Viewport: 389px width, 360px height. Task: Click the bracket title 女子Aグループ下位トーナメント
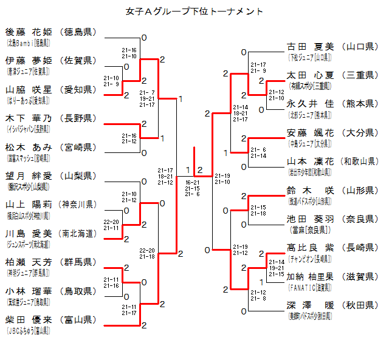pos(194,11)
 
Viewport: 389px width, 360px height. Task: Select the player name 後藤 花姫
pos(29,32)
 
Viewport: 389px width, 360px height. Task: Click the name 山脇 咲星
pos(29,89)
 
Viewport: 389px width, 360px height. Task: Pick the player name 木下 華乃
pos(29,118)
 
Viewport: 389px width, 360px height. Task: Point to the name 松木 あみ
pos(29,147)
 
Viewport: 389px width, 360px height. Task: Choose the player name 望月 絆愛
pos(29,175)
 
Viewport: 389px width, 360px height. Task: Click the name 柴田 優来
pos(29,319)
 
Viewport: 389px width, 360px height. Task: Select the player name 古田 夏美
pos(310,46)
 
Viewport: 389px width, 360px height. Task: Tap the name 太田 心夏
pos(310,75)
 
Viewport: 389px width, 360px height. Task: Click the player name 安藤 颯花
pos(310,132)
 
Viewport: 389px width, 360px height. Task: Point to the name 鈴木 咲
pos(310,190)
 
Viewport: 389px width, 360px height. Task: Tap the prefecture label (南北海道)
pos(78,233)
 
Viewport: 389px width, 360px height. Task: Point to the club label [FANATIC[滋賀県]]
pos(309,287)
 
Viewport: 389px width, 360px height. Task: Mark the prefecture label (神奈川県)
pos(78,205)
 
